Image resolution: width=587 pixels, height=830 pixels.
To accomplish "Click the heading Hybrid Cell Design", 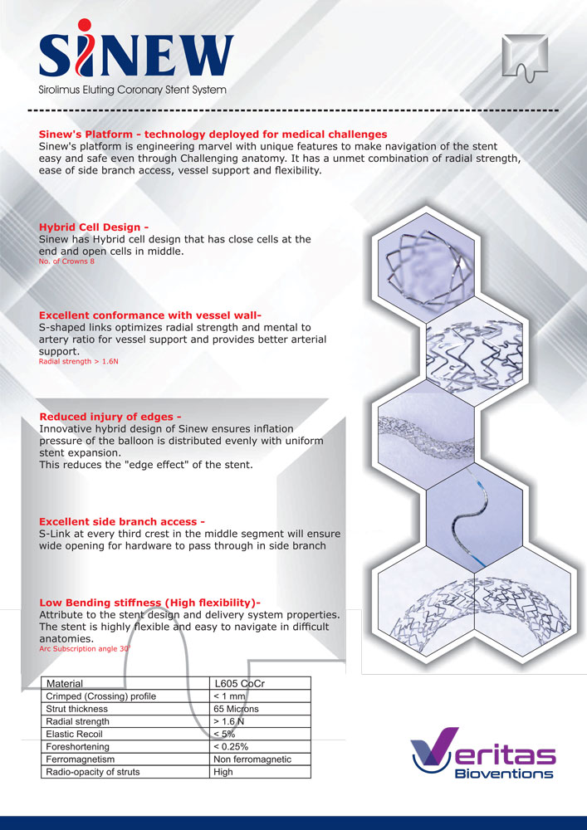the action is point(90,227).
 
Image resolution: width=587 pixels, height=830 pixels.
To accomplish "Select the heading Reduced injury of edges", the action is point(110,417).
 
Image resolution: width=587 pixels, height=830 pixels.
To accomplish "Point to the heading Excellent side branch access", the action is point(122,521).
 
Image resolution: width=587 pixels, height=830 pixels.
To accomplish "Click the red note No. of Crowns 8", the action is point(66,261).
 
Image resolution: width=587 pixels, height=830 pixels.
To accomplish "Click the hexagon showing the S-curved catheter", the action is point(475,520).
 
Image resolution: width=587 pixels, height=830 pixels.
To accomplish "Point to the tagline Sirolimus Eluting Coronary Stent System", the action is point(132,90).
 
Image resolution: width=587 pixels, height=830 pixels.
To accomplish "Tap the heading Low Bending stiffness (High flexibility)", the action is point(150,603).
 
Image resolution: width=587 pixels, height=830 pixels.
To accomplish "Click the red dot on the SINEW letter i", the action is point(84,24).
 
